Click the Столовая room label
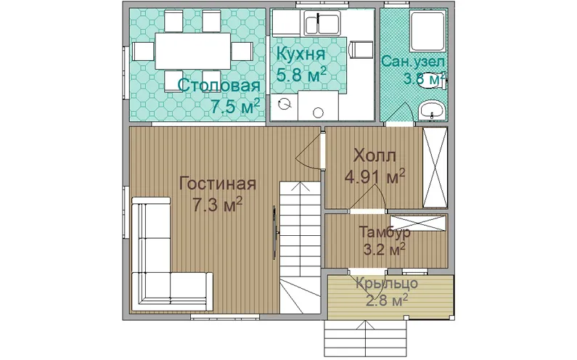click(219, 86)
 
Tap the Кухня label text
click(300, 54)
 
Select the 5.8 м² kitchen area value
click(301, 75)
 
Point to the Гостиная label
click(217, 184)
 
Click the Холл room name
click(375, 155)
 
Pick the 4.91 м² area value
click(375, 176)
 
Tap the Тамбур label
click(385, 232)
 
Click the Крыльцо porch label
click(387, 284)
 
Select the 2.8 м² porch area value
click(387, 300)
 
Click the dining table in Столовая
click(193, 51)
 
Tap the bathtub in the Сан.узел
click(427, 31)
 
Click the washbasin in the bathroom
click(433, 110)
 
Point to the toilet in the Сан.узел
click(434, 81)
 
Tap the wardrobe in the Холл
click(435, 168)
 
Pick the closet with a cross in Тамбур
click(417, 224)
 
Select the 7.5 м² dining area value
click(235, 106)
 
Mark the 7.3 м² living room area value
click(217, 205)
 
